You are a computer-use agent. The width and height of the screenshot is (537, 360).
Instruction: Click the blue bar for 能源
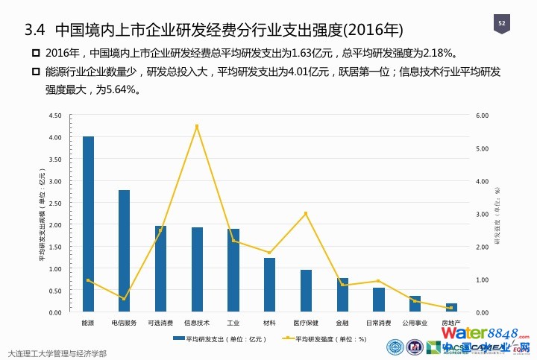click(88, 224)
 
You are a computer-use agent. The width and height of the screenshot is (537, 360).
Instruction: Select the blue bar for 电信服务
click(124, 250)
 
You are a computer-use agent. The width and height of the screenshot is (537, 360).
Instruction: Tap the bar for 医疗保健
click(306, 291)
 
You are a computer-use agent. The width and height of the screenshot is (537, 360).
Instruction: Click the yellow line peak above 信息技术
click(197, 127)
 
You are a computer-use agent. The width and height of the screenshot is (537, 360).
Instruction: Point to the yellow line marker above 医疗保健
click(306, 214)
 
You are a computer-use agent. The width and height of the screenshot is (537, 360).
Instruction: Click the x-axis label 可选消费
click(160, 323)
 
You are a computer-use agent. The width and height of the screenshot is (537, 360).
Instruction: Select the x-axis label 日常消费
click(378, 323)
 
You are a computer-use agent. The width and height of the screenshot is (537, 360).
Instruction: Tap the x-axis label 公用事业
click(415, 323)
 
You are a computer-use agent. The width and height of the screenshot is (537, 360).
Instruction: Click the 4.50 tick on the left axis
click(54, 116)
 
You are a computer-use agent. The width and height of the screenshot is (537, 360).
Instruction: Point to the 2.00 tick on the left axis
click(54, 224)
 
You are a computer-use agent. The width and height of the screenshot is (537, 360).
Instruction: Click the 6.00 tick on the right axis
click(482, 116)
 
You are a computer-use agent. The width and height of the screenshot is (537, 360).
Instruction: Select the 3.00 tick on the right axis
click(482, 214)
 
